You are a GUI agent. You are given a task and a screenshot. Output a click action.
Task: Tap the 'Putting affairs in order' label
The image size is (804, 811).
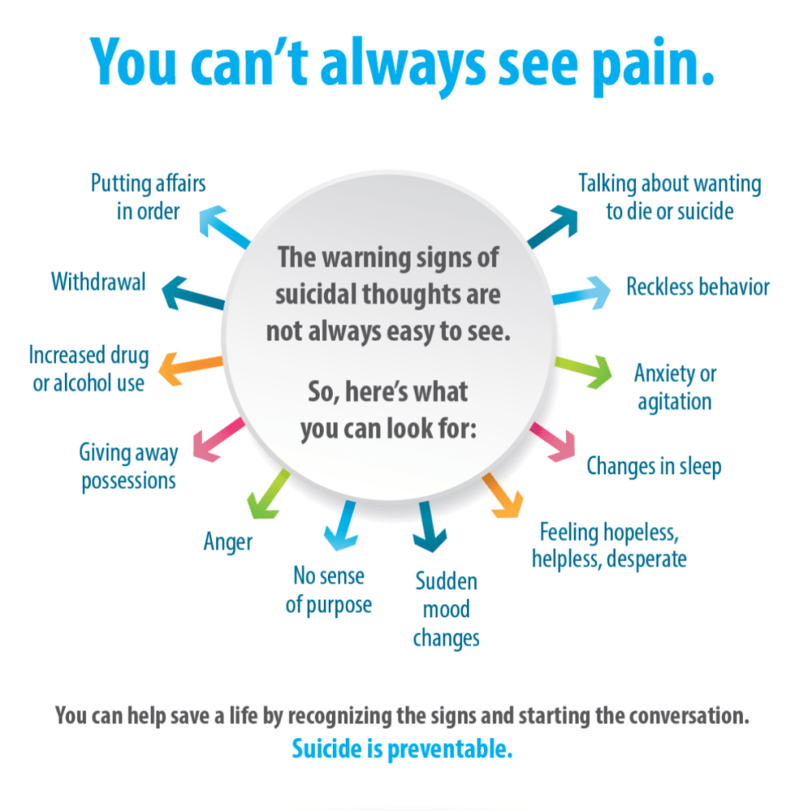(147, 197)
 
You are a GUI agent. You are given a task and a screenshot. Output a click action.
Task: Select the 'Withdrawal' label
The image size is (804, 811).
(98, 282)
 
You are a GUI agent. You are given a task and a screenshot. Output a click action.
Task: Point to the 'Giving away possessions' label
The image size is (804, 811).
(128, 466)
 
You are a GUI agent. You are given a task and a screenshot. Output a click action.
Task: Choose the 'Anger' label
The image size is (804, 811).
(228, 542)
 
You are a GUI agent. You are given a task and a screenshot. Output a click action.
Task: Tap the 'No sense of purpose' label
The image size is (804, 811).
(329, 590)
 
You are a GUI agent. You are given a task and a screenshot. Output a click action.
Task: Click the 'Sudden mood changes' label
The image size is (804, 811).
(446, 609)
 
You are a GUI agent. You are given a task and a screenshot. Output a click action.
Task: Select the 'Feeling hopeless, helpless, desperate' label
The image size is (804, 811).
(609, 545)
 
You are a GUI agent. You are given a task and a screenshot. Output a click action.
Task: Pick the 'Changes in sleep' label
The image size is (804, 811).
(654, 466)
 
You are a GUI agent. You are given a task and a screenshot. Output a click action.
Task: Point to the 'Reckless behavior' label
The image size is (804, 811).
(698, 287)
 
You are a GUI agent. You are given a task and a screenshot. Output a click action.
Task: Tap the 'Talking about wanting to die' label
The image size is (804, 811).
(669, 197)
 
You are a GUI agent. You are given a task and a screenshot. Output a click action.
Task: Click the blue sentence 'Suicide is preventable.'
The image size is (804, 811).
(402, 748)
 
